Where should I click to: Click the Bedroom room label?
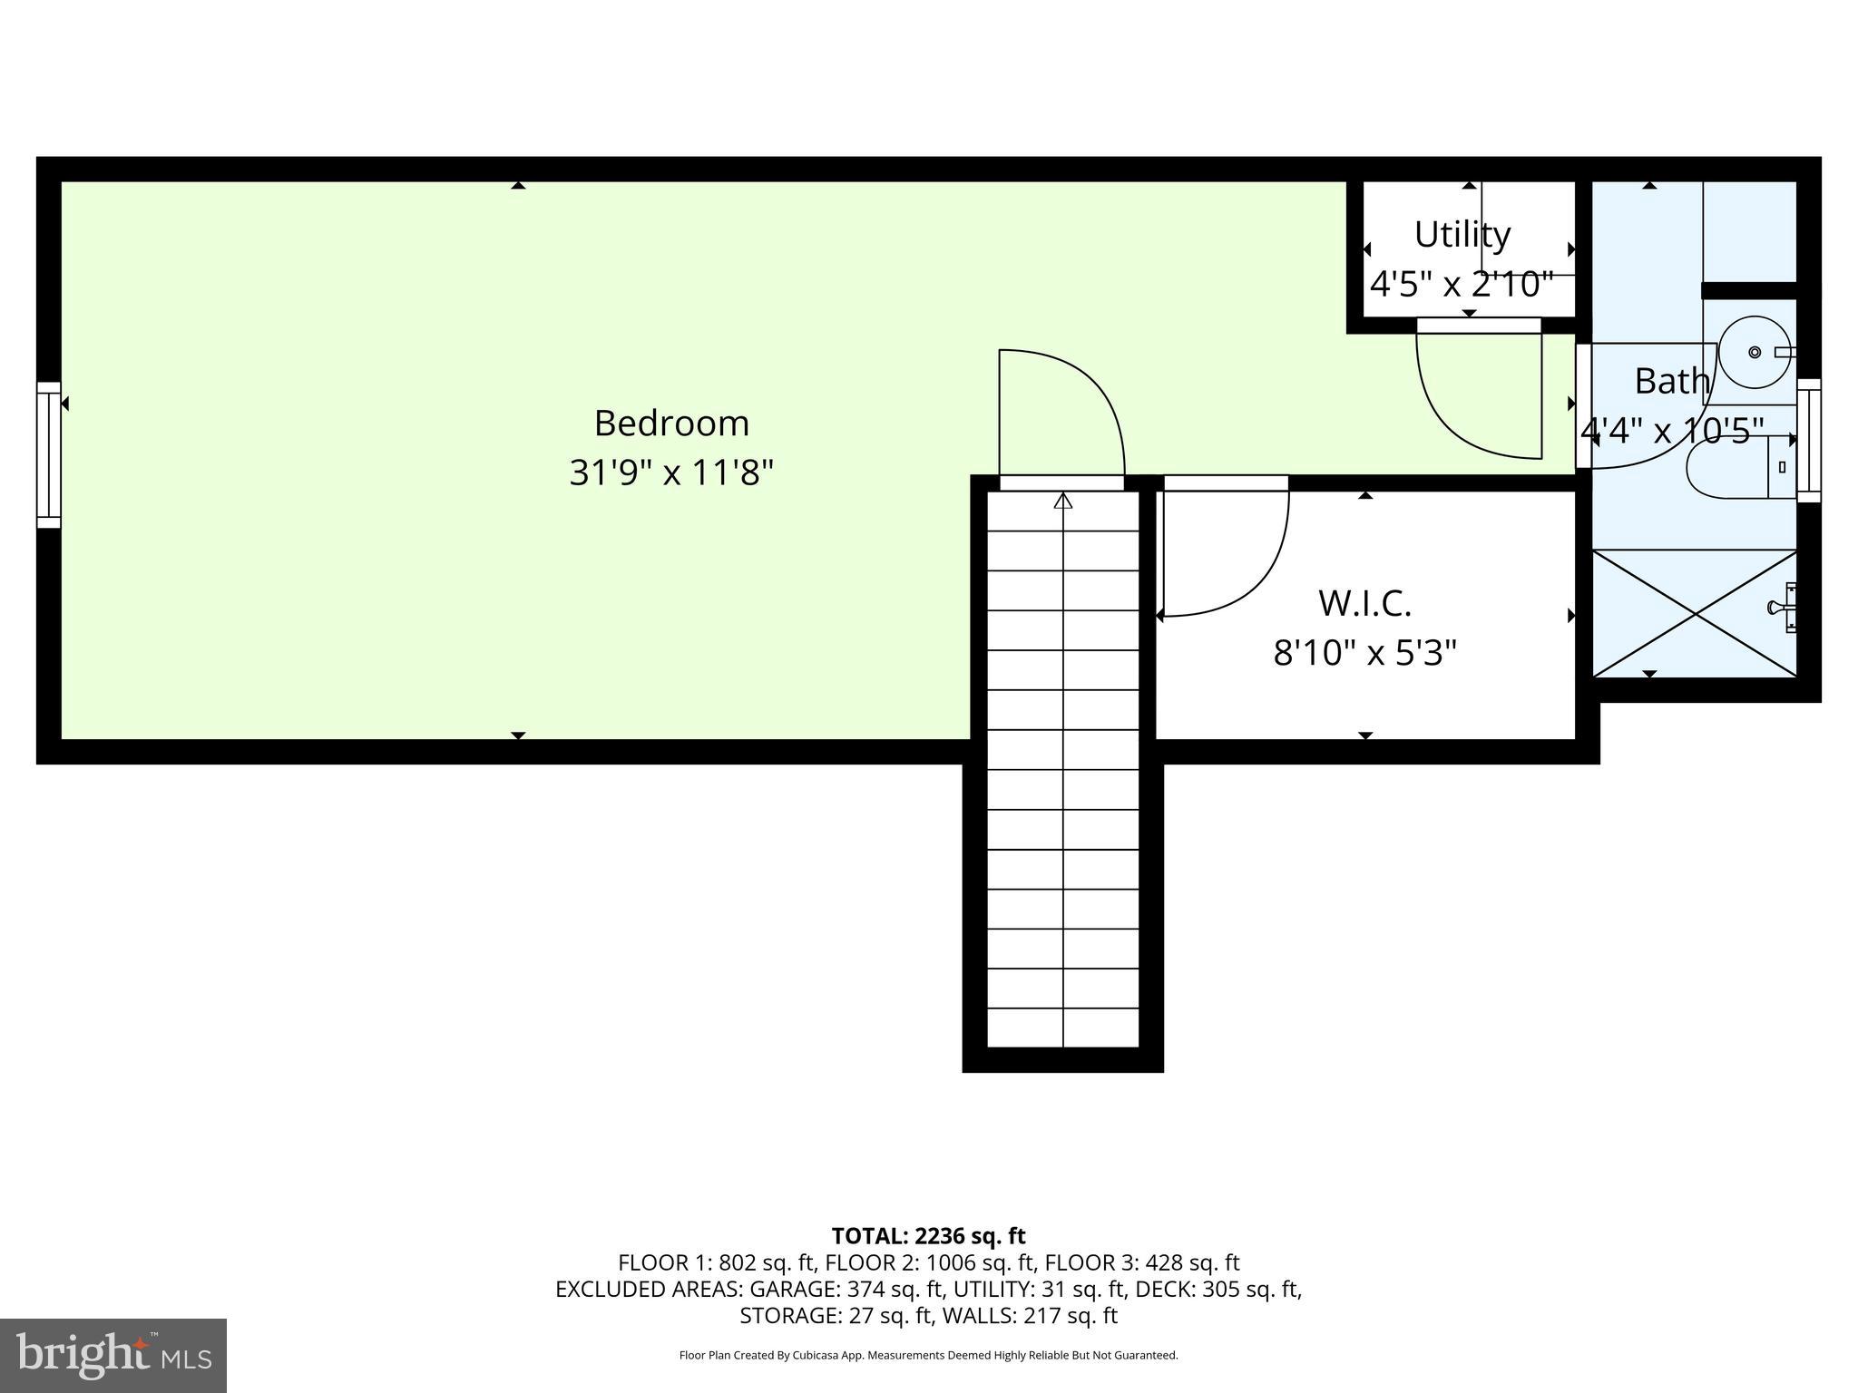(x=671, y=424)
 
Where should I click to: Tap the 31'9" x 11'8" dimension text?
(x=671, y=472)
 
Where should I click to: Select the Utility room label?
(x=1462, y=235)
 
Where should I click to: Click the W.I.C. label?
(x=1364, y=603)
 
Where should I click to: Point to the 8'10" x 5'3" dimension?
(x=1364, y=652)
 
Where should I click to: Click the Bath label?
(x=1671, y=381)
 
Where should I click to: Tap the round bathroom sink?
(x=1755, y=352)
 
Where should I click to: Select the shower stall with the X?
(x=1695, y=614)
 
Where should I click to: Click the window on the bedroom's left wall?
(x=48, y=454)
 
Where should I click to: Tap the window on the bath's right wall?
(x=1809, y=440)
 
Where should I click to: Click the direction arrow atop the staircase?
(x=1063, y=501)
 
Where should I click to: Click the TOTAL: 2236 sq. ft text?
(x=928, y=1235)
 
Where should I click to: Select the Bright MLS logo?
(x=113, y=1355)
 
